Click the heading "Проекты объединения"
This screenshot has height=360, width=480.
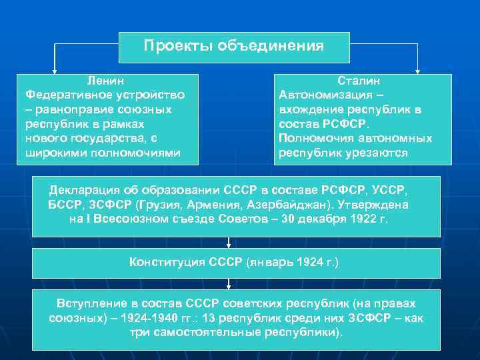pyautogui.click(x=233, y=46)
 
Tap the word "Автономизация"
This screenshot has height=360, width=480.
pyautogui.click(x=323, y=94)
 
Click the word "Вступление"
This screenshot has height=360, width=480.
pyautogui.click(x=91, y=303)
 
